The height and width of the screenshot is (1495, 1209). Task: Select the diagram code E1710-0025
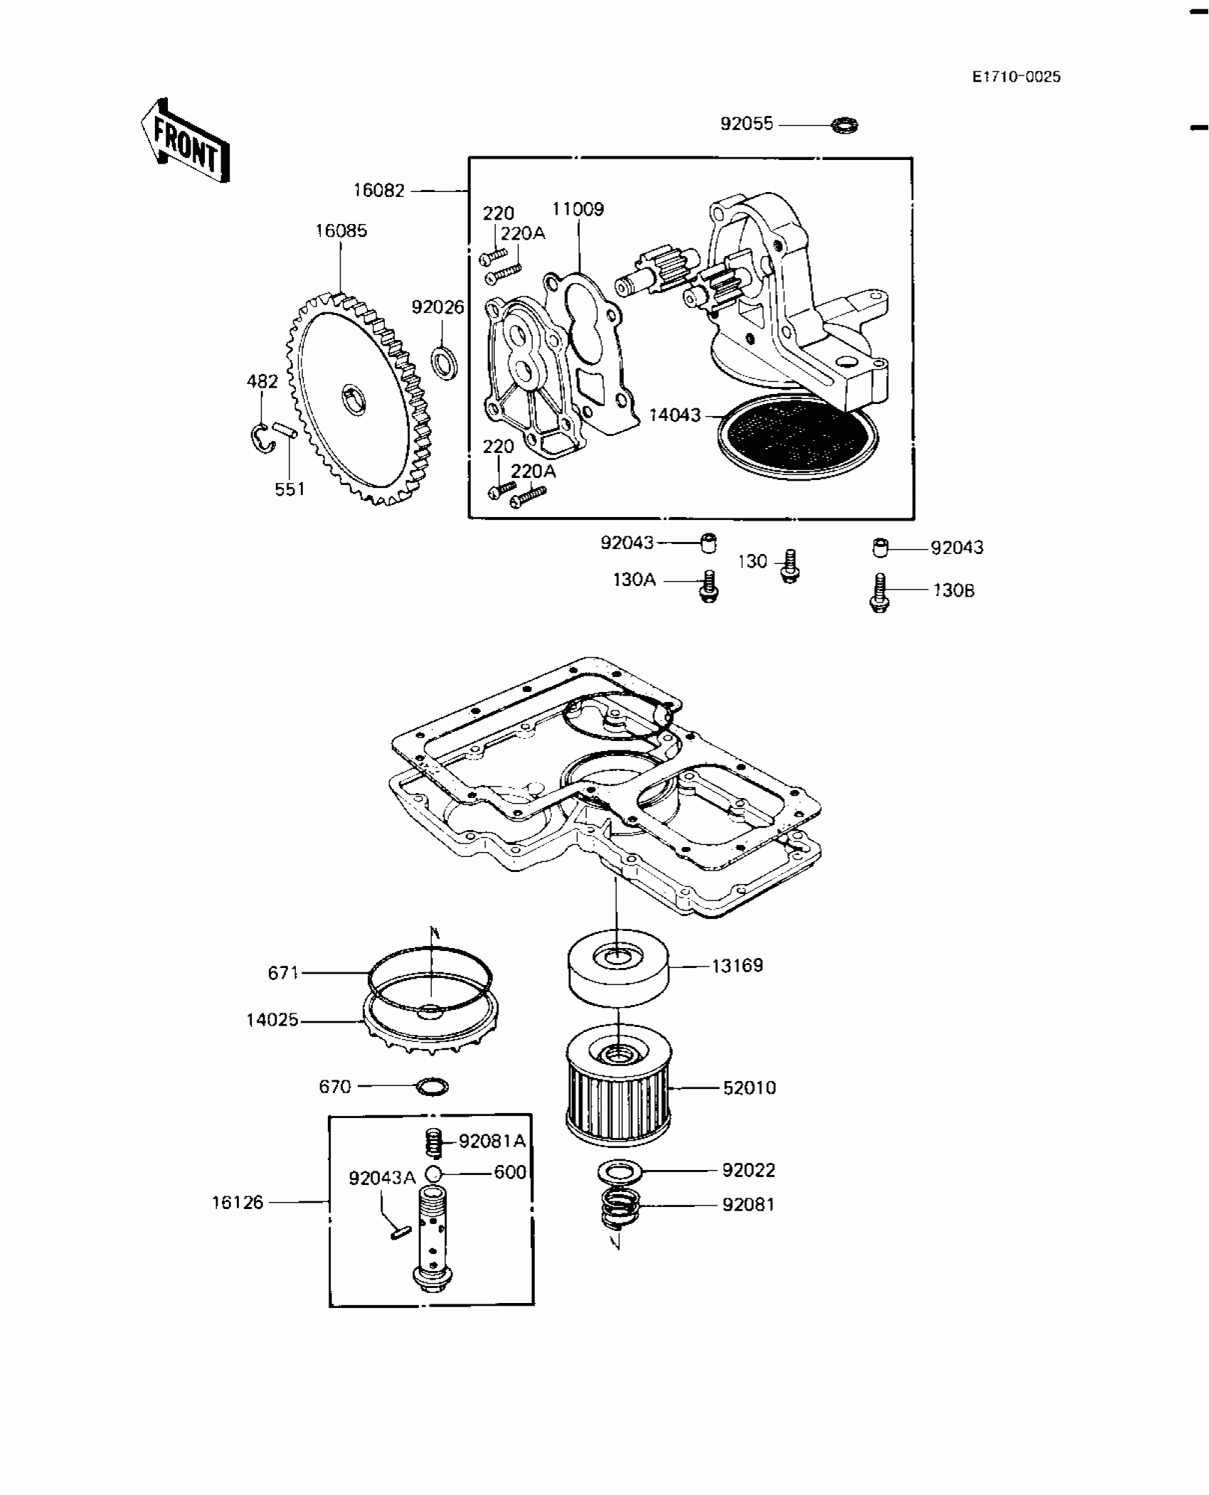(x=1016, y=77)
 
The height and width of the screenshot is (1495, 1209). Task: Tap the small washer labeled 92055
(x=845, y=126)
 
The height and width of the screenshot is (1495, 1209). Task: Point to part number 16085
(x=341, y=230)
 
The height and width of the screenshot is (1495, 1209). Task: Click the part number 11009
(x=578, y=209)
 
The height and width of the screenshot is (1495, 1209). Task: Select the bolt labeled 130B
(x=880, y=593)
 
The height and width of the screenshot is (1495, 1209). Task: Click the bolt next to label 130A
(x=708, y=587)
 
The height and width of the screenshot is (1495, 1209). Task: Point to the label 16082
(x=379, y=191)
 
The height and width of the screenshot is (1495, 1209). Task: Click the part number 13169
(x=737, y=966)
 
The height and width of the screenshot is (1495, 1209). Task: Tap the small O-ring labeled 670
(x=432, y=1087)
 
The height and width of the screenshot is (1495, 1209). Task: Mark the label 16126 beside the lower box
(x=238, y=1203)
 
